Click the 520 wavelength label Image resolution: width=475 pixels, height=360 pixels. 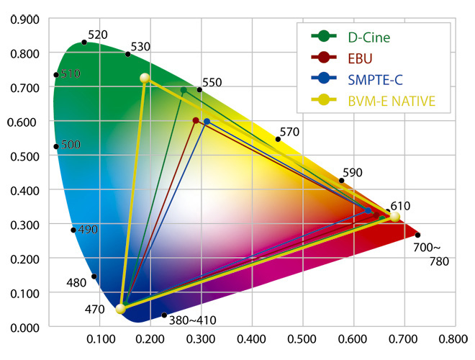[97, 35]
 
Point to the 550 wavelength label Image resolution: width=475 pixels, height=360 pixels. [212, 83]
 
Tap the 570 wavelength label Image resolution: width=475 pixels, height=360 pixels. [290, 132]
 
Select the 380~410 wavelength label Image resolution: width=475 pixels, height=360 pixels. [194, 319]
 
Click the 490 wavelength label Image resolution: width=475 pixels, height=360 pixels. [87, 230]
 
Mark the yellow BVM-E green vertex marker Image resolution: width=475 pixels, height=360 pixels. [145, 78]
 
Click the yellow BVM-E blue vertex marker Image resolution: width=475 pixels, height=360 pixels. [120, 309]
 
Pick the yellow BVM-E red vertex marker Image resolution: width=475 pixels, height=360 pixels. [394, 217]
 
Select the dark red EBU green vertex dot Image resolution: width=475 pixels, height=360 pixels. [196, 120]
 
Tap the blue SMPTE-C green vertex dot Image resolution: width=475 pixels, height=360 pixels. [207, 122]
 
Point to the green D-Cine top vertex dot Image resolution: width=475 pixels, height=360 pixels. [184, 90]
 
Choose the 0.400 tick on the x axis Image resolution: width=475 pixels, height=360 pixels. [252, 337]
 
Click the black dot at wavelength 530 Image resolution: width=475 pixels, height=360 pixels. [127, 54]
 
